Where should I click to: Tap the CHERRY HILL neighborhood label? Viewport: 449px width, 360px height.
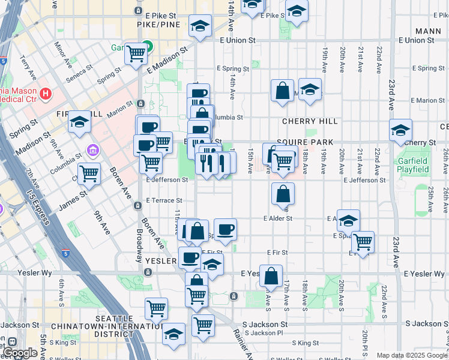(x=310, y=121)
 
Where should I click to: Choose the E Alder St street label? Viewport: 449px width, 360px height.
(x=278, y=219)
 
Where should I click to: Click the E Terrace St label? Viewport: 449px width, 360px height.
(x=164, y=200)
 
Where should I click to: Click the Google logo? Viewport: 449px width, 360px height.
(x=20, y=353)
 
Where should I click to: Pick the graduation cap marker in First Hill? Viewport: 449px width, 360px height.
(x=79, y=122)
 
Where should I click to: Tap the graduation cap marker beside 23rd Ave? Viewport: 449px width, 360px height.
(x=400, y=130)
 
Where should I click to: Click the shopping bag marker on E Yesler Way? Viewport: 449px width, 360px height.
(x=271, y=275)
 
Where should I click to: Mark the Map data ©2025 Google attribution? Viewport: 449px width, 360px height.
(x=411, y=355)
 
